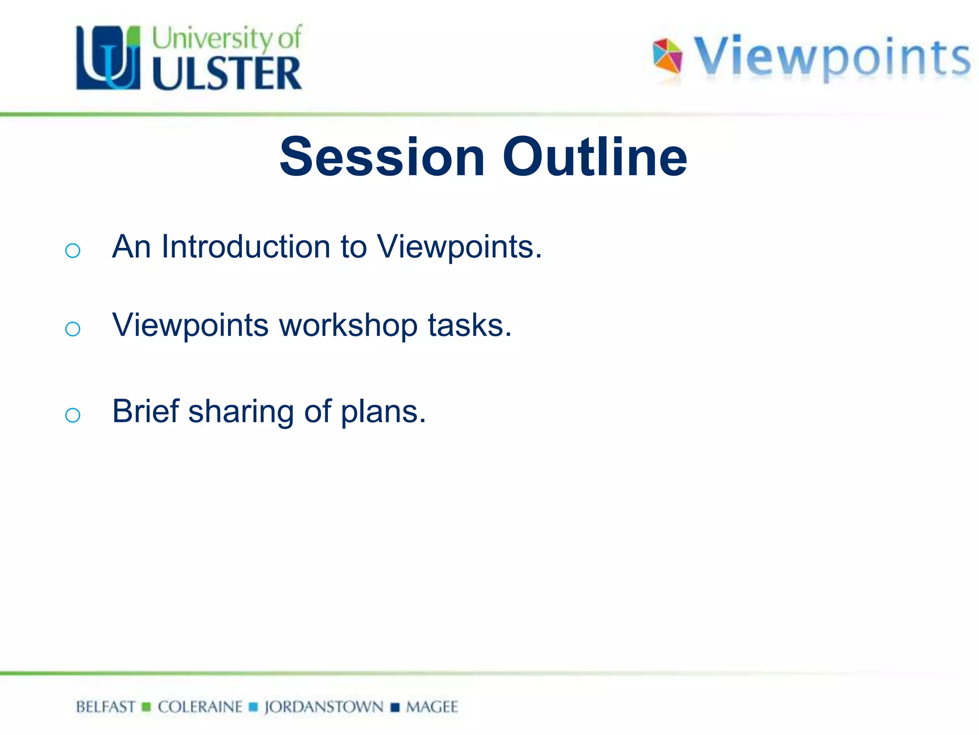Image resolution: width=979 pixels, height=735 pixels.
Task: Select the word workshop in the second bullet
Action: (348, 325)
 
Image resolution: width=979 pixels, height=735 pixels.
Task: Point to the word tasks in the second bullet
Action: (469, 325)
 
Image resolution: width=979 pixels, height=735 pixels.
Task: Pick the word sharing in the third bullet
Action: (241, 412)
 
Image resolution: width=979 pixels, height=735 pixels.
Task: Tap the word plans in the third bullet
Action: (382, 412)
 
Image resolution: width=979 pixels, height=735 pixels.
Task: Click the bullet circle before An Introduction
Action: (73, 250)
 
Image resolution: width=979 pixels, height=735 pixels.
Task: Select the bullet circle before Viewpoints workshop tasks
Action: (73, 329)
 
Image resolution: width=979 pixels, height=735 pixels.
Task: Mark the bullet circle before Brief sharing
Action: (73, 415)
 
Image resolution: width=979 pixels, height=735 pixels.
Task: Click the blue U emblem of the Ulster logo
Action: (109, 58)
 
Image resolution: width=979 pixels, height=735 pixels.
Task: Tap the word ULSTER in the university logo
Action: (227, 73)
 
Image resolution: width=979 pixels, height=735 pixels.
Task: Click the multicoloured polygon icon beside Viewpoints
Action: (668, 56)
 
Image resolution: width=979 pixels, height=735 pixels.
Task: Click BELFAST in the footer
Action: (106, 707)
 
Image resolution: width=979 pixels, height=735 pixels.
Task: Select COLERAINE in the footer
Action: (200, 707)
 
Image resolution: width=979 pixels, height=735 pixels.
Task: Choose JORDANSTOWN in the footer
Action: (324, 707)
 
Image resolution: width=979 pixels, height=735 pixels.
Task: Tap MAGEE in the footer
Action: (432, 707)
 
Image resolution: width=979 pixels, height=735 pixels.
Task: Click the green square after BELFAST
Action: (147, 707)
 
